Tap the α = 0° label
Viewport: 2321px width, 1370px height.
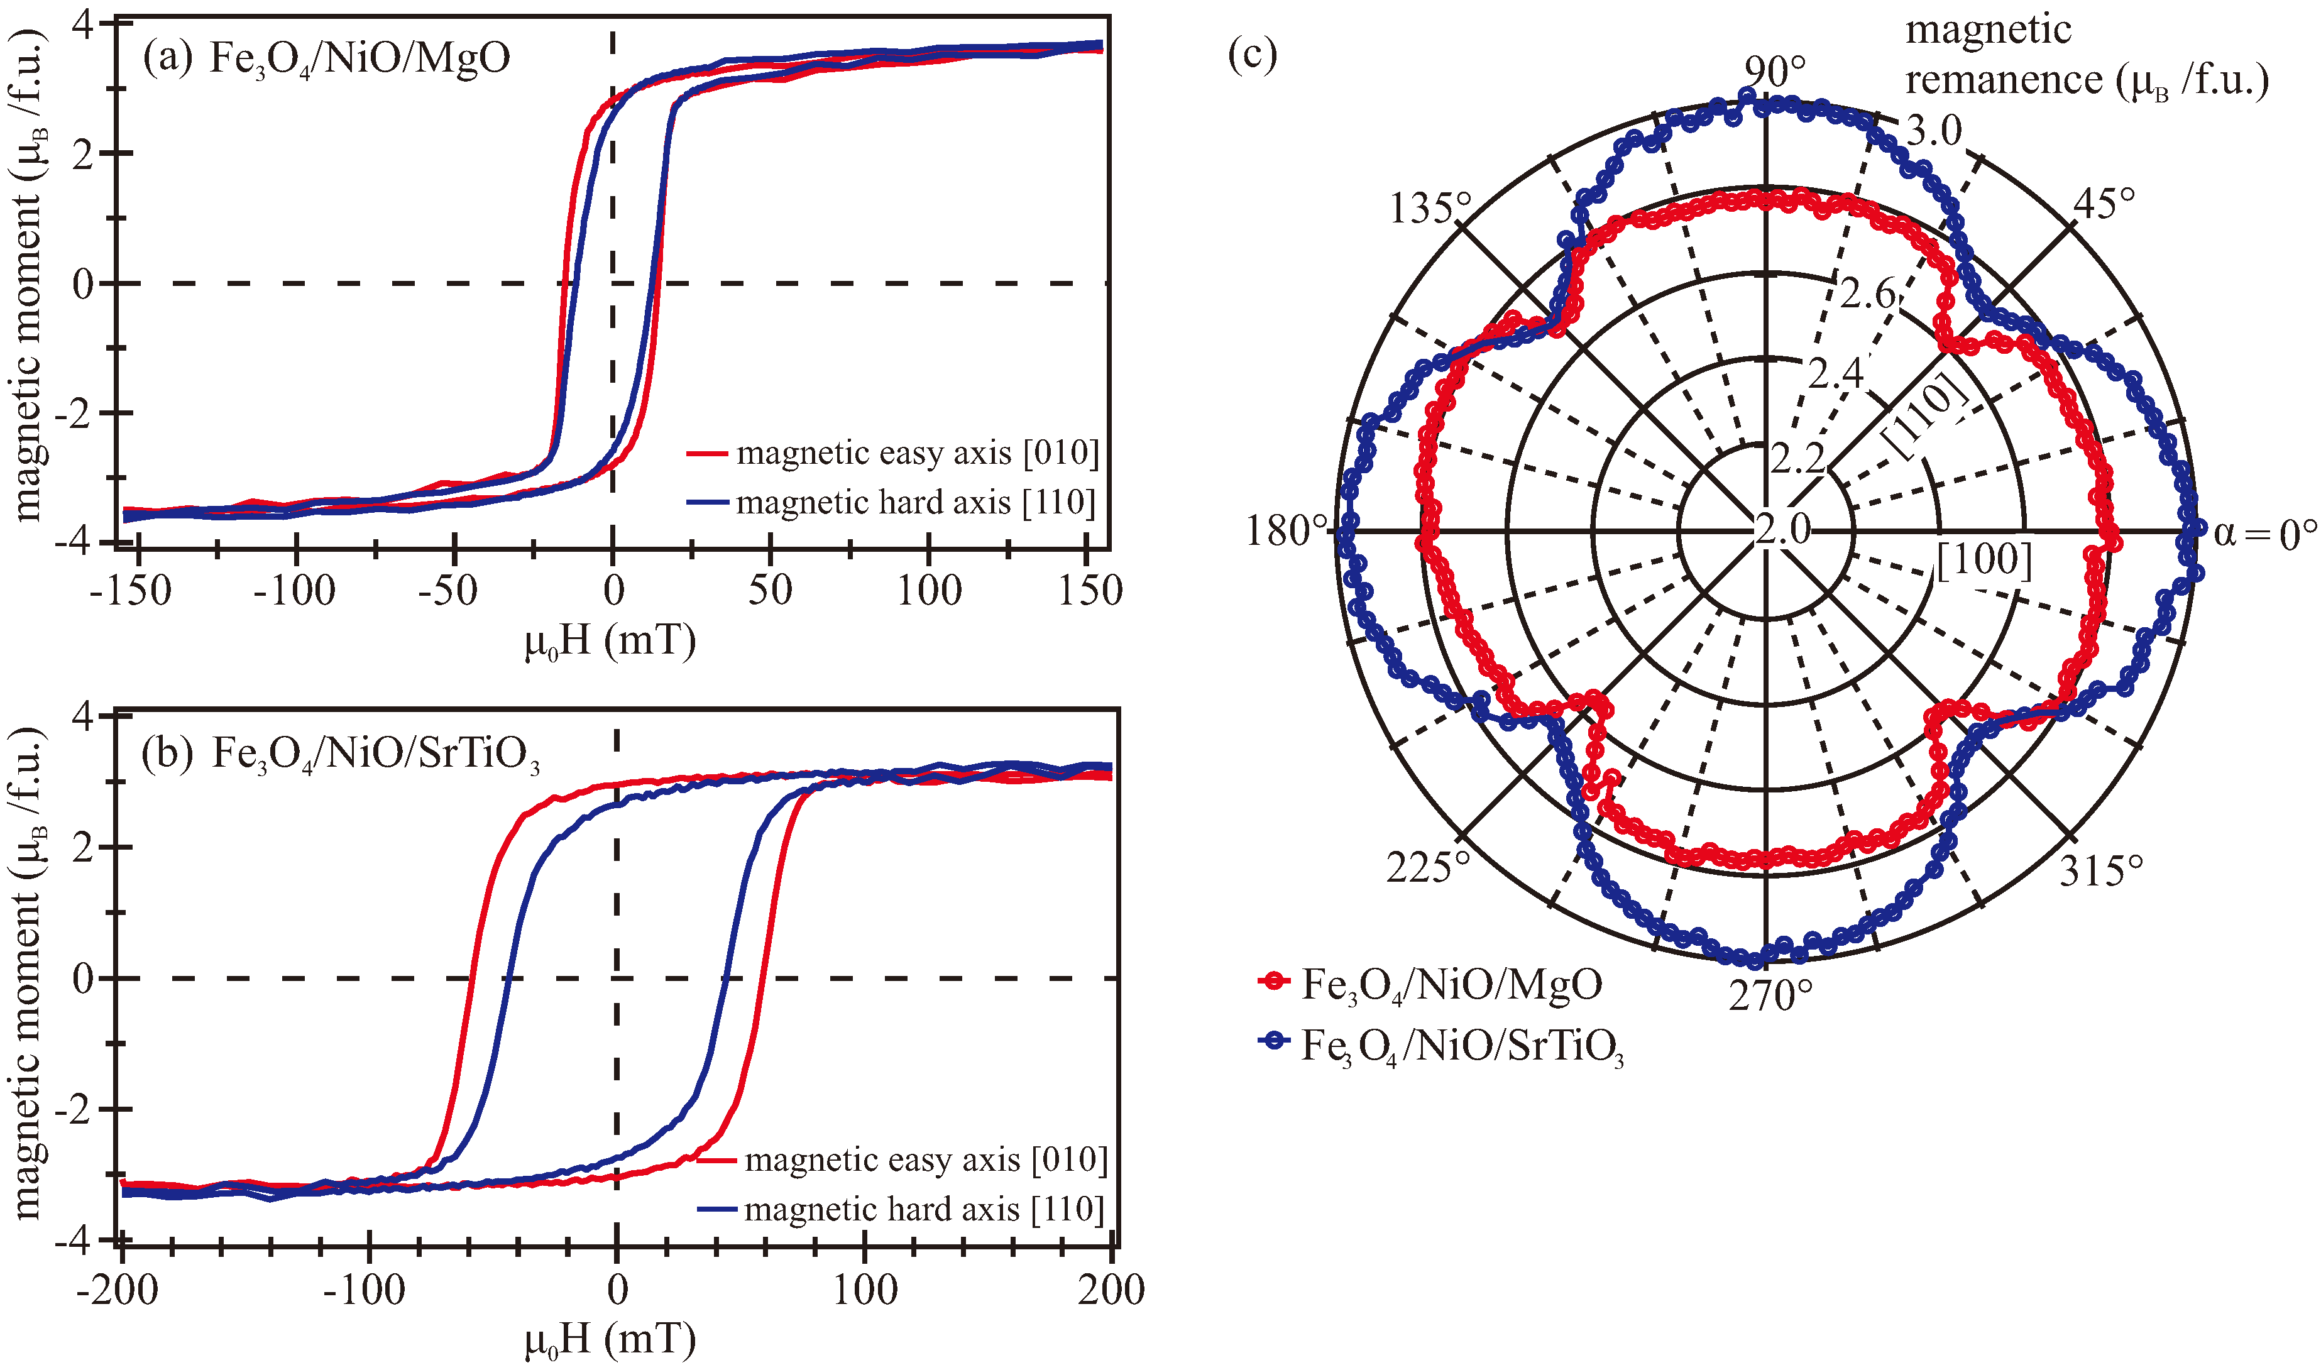pyautogui.click(x=2264, y=534)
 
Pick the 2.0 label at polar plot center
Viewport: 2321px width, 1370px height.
pyautogui.click(x=1783, y=529)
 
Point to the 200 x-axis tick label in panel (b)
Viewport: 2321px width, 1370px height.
pyautogui.click(x=1111, y=1290)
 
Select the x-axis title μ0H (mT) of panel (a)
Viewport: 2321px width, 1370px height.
pyautogui.click(x=610, y=640)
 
